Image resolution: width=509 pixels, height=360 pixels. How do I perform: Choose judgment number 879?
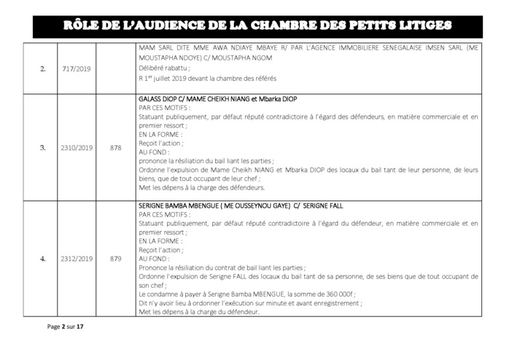(x=115, y=258)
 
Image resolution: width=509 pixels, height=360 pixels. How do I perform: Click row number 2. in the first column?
(x=43, y=70)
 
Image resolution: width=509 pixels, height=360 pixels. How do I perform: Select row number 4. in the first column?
(x=43, y=258)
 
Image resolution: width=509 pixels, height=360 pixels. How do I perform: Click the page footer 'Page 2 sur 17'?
(x=66, y=327)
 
